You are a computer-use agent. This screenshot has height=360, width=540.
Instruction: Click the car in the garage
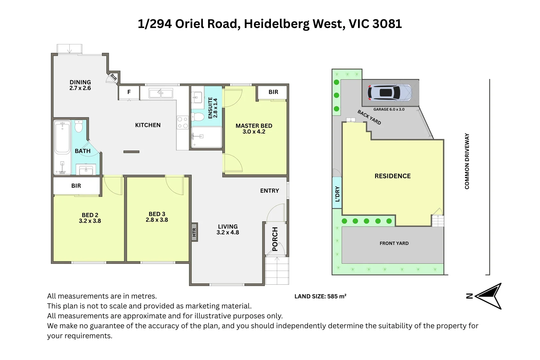coord(389,93)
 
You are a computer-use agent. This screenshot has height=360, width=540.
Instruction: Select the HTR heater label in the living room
coord(194,232)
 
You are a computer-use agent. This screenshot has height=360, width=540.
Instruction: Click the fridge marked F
coord(129,92)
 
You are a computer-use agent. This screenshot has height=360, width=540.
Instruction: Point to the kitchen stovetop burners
coord(182,122)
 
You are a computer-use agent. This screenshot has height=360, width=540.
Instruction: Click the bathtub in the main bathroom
coord(62,147)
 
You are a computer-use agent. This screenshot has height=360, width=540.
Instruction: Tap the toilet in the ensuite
coord(198,117)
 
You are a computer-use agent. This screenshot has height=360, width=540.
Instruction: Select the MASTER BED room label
coord(254,126)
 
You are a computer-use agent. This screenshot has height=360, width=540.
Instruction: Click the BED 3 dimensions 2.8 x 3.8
coord(157,220)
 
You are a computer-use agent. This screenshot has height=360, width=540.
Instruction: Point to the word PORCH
coord(275,239)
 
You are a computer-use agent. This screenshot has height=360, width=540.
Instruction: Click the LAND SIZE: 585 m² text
coord(320,296)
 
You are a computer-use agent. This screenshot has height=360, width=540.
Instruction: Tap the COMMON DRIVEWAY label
coord(467,161)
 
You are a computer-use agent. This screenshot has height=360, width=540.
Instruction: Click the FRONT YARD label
coord(394,243)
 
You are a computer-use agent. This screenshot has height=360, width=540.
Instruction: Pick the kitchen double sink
coord(161,93)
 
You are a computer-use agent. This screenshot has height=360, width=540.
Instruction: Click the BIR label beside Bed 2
coord(76,186)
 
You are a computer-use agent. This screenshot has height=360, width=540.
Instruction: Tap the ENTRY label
coord(270,191)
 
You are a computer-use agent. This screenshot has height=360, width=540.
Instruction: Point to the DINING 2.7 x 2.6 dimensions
coord(80,88)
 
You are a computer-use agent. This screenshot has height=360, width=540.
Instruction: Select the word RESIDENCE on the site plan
coord(392,176)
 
